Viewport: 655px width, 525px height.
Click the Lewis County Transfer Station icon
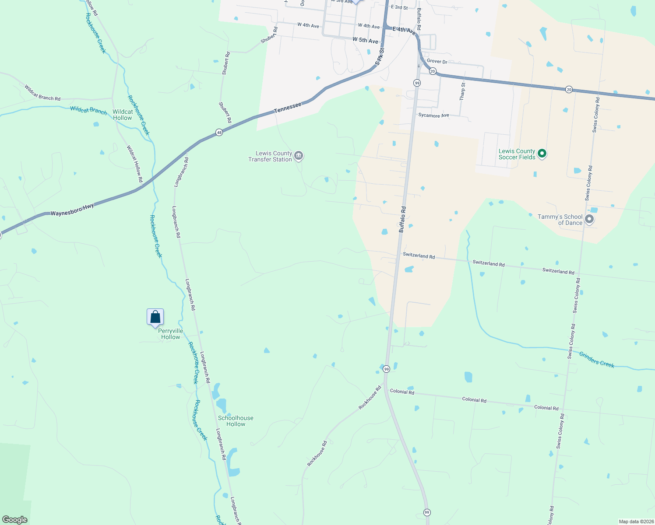point(299,155)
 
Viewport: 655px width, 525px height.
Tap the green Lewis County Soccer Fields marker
point(542,154)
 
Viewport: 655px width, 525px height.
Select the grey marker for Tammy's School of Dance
point(589,219)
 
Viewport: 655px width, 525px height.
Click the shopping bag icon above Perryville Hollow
point(155,317)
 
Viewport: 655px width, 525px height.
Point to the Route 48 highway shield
point(219,132)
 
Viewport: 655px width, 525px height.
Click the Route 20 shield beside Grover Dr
point(433,71)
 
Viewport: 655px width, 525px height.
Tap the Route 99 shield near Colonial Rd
point(386,369)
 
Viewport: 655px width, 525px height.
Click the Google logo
point(15,520)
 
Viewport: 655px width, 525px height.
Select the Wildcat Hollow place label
point(123,115)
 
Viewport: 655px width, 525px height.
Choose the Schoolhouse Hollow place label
point(236,421)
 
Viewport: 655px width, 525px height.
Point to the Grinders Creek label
point(596,360)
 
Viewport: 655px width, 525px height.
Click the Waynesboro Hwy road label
point(72,210)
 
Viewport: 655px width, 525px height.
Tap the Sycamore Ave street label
point(433,115)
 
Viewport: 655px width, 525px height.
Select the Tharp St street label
point(462,91)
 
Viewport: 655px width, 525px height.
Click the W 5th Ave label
point(365,40)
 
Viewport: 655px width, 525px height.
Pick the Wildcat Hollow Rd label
point(135,164)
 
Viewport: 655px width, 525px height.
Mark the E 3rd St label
point(399,7)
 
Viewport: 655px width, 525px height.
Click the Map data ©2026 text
point(636,521)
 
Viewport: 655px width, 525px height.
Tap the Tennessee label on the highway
point(288,108)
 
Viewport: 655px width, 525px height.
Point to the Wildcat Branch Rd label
point(42,93)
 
